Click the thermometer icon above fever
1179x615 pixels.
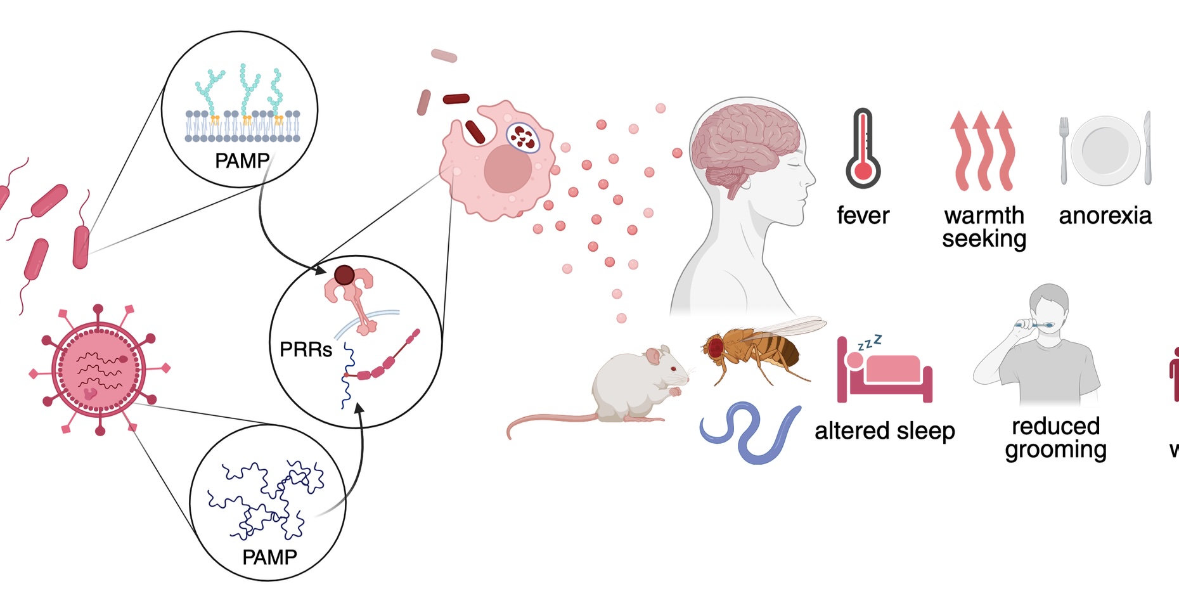tap(863, 149)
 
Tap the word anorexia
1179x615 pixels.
tap(1105, 216)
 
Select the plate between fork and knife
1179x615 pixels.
tap(1105, 150)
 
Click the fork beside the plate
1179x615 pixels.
tap(1064, 150)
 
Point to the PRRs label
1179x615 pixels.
tap(306, 349)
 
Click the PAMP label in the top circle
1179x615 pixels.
tap(242, 161)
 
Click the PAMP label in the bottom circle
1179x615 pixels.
tap(269, 557)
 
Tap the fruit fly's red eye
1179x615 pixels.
tap(716, 347)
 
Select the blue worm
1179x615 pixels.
tap(751, 432)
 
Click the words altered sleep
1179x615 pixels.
tap(884, 431)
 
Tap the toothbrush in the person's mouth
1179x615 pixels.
tap(1033, 325)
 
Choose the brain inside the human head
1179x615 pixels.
tap(745, 143)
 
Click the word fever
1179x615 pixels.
tap(863, 216)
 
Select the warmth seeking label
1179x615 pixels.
tap(984, 227)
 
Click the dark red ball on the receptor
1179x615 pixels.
tap(344, 275)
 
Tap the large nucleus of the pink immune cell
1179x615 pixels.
tap(508, 169)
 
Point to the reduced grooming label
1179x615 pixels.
tap(1055, 437)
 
